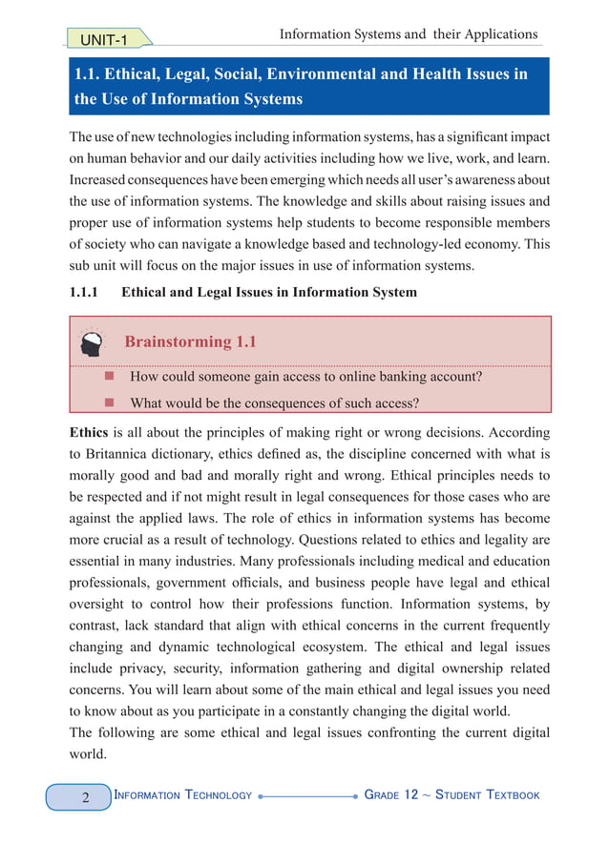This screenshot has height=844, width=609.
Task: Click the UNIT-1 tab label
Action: (104, 38)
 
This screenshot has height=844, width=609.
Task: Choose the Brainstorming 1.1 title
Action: (191, 341)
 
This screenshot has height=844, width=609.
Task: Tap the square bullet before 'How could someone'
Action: (109, 376)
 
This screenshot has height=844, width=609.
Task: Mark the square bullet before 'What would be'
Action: (109, 402)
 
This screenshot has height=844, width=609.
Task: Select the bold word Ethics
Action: (89, 430)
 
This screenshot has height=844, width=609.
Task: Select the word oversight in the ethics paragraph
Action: (103, 604)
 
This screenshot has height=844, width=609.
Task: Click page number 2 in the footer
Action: (85, 796)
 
